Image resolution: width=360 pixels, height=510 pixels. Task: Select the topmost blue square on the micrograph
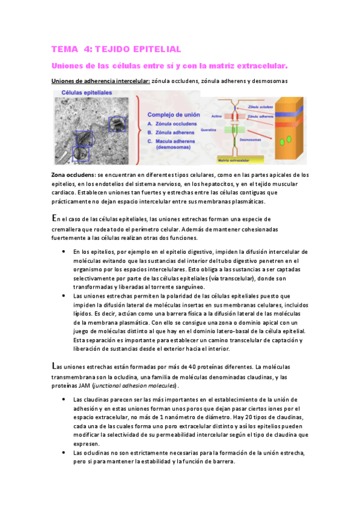click(116, 124)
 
